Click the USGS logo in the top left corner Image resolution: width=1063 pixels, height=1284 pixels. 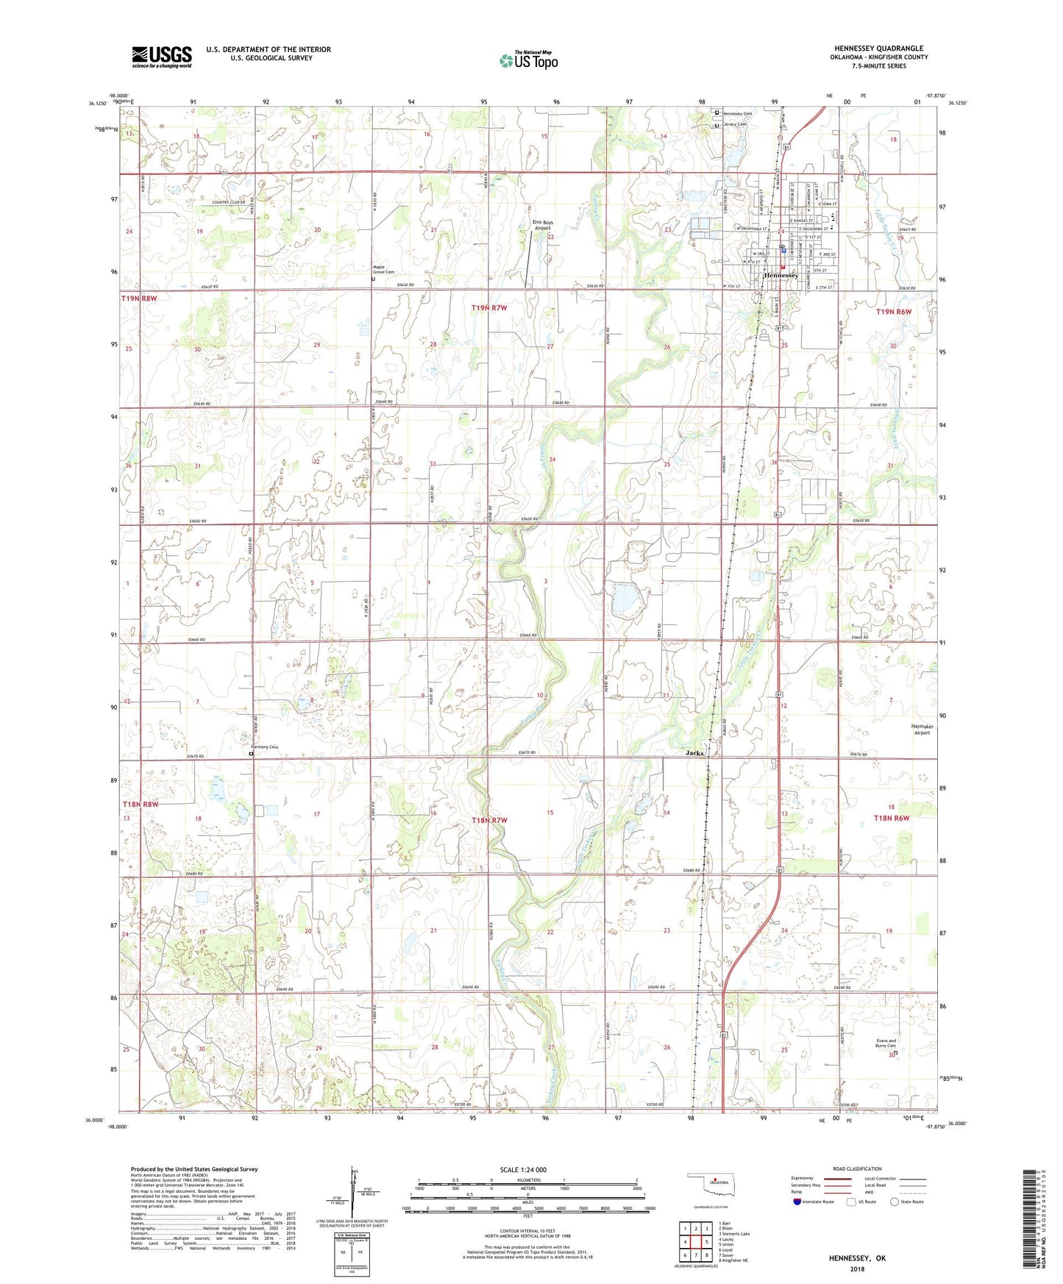[x=162, y=57]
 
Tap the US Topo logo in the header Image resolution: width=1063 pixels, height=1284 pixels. [x=528, y=61]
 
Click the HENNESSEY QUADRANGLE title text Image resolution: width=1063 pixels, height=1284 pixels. [x=878, y=49]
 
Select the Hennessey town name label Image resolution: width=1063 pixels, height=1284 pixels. [x=781, y=275]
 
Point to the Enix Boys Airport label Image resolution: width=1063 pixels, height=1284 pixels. [x=542, y=226]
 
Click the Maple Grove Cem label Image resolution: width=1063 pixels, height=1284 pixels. [x=383, y=270]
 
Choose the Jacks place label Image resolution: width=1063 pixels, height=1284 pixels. [x=694, y=753]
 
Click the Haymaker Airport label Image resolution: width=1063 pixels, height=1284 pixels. [x=922, y=729]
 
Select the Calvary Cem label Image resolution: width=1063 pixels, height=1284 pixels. [x=733, y=124]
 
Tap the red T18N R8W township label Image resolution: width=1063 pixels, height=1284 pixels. [x=140, y=805]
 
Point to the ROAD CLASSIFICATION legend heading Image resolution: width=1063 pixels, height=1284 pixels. [x=856, y=1169]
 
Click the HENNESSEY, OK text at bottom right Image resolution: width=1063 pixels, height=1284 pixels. [x=857, y=1258]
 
